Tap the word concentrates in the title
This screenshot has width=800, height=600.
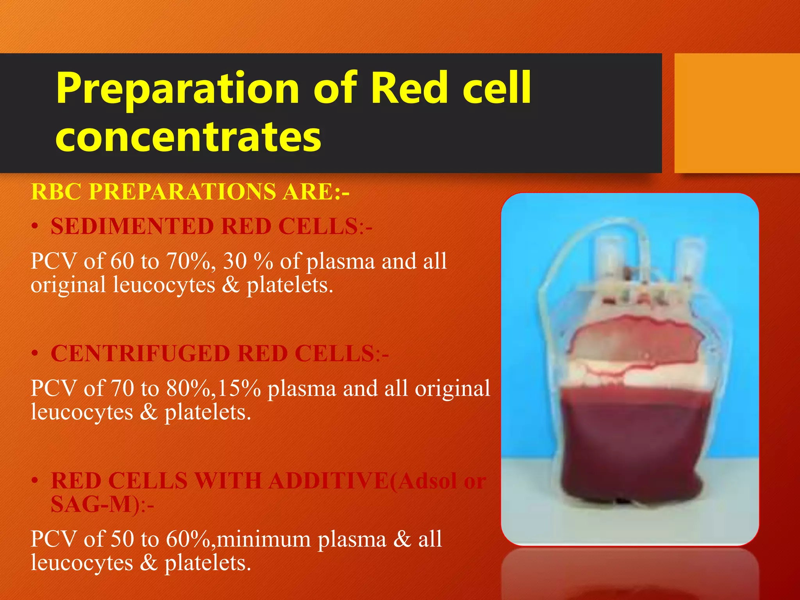[x=188, y=137]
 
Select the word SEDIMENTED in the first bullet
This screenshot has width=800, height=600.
[x=132, y=227]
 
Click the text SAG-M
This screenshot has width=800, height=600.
[x=92, y=504]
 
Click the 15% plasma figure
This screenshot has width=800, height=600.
[x=239, y=388]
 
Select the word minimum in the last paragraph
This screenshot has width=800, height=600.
[x=263, y=539]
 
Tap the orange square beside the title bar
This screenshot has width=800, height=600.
[x=737, y=113]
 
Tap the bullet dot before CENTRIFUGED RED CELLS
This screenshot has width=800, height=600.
[x=35, y=354]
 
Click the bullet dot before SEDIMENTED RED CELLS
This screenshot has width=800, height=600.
[x=35, y=227]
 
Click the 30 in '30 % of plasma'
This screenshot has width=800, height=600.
[x=234, y=261]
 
